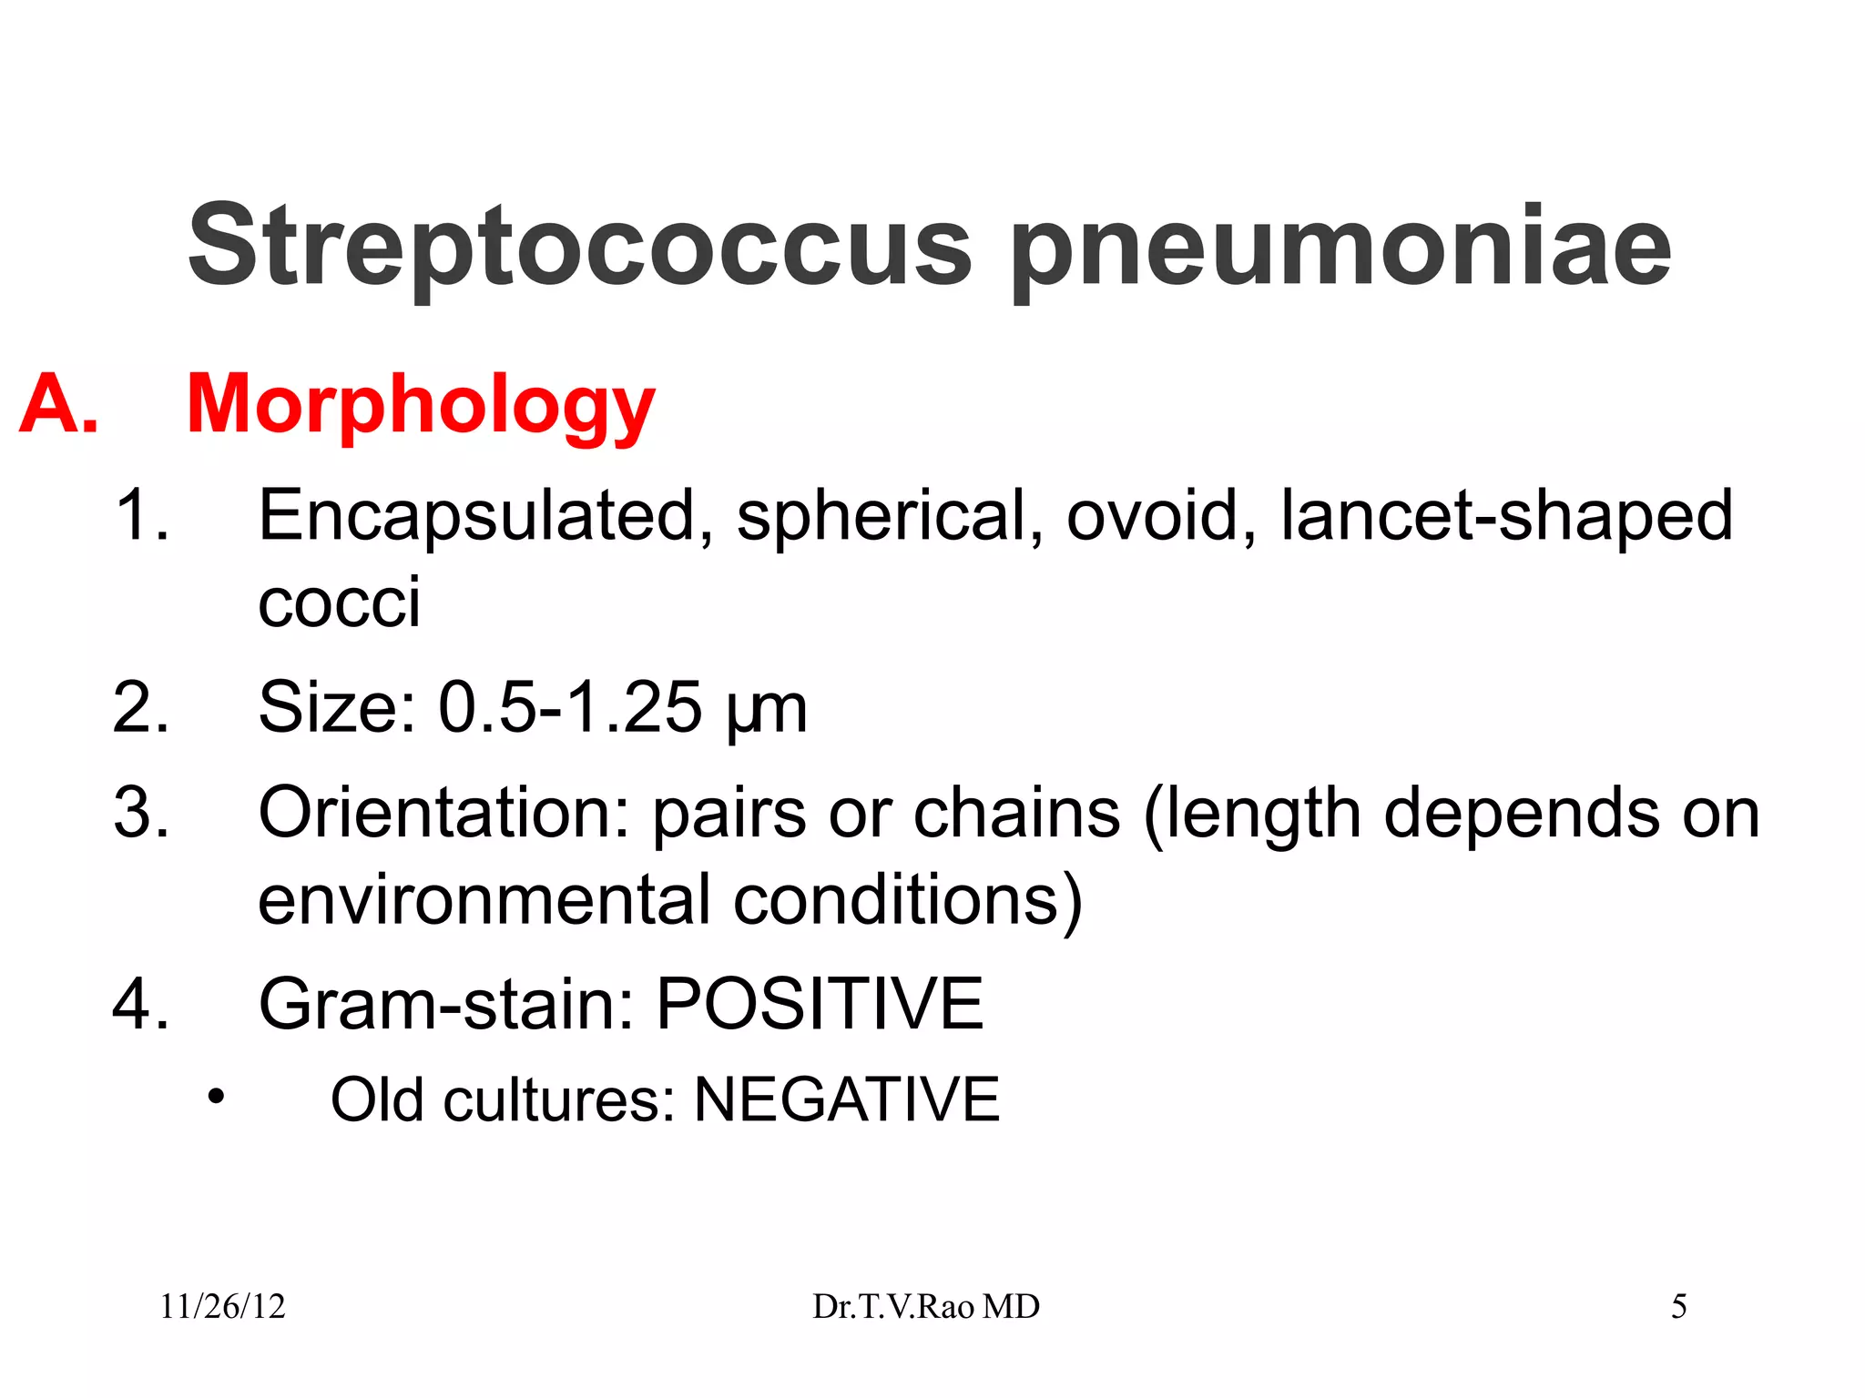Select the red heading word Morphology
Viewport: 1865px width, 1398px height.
click(420, 405)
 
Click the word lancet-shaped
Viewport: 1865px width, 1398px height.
click(1506, 516)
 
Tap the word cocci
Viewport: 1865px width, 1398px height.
click(339, 603)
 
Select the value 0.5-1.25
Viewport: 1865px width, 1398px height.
click(570, 707)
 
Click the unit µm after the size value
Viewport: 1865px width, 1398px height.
click(767, 710)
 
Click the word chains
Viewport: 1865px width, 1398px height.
click(1016, 812)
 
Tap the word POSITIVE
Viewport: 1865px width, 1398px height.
click(820, 1004)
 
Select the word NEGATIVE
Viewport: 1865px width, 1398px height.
click(846, 1099)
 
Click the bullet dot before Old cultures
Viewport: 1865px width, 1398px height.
click(215, 1097)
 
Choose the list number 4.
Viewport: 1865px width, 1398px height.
click(140, 1004)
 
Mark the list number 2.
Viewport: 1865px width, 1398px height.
click(140, 707)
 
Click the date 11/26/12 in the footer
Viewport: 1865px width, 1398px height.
click(222, 1307)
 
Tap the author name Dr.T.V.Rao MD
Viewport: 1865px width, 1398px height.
click(925, 1307)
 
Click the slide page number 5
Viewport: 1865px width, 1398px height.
click(1678, 1307)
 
